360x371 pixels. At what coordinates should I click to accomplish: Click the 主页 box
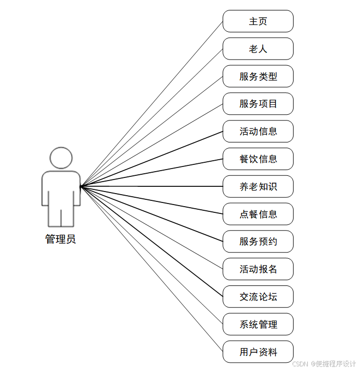[x=258, y=21]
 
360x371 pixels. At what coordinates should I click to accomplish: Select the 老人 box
[x=258, y=49]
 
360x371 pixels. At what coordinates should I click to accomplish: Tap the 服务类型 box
[x=258, y=77]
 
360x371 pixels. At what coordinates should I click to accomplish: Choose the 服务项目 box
[x=258, y=104]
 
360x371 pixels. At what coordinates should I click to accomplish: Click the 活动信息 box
[x=258, y=131]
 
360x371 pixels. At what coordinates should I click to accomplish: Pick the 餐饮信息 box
[x=258, y=159]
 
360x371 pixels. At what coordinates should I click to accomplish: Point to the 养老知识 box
[x=258, y=187]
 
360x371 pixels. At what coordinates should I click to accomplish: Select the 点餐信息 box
[x=258, y=214]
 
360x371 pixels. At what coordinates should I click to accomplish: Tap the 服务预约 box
[x=258, y=242]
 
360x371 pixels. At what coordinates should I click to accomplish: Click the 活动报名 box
[x=258, y=269]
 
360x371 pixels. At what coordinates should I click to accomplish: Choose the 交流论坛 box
[x=258, y=297]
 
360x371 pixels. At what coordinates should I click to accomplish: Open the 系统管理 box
[x=258, y=325]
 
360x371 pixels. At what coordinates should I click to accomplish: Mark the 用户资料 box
[x=258, y=352]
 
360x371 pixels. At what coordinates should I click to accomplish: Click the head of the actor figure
[x=61, y=158]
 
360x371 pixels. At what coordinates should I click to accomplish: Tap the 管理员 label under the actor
[x=61, y=240]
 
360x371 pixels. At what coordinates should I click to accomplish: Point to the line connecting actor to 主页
[x=152, y=104]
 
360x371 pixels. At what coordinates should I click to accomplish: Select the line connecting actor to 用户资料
[x=152, y=269]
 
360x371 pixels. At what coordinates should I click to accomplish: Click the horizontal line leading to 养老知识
[x=152, y=186]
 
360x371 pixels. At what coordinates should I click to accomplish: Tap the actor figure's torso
[x=61, y=190]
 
